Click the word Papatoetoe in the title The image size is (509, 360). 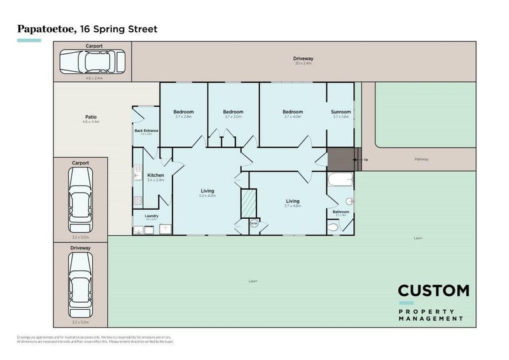pos(43,29)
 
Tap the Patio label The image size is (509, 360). pos(91,116)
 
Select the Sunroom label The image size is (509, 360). pos(341,112)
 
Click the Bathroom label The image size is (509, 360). pos(341,211)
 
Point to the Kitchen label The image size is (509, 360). pos(156,175)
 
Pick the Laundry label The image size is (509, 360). pos(151,216)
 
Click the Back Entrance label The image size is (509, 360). pos(146,130)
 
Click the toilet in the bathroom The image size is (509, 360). pos(333,226)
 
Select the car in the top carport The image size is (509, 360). pos(92,62)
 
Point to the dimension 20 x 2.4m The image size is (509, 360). pos(303,64)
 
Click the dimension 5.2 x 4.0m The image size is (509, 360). pos(207,196)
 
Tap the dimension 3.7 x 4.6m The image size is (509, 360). pos(293,205)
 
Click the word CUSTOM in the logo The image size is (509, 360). pos(433,291)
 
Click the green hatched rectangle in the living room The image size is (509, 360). pos(247,204)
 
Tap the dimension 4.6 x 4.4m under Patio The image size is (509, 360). pos(91,121)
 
